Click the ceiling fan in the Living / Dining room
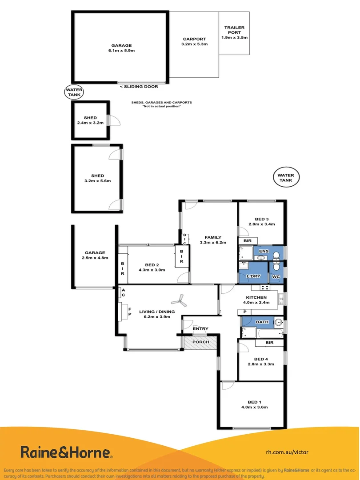[180, 300]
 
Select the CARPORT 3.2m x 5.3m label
[194, 41]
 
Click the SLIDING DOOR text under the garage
[139, 87]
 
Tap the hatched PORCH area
[200, 343]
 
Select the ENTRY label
[200, 329]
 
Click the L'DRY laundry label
[252, 277]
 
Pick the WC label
[276, 277]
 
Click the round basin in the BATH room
[278, 322]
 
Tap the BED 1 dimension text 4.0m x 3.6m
[254, 407]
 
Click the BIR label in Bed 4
[269, 343]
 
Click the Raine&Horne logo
[66, 452]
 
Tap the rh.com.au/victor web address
[287, 452]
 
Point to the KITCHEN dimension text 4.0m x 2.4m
[256, 303]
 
